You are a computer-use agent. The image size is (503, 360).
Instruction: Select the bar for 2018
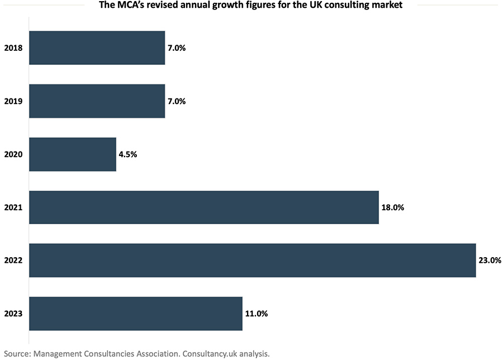pyautogui.click(x=97, y=48)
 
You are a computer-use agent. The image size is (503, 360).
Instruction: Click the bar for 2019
pyautogui.click(x=97, y=101)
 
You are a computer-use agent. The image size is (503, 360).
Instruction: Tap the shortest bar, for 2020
pyautogui.click(x=72, y=154)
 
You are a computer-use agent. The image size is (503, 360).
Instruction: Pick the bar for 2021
pyautogui.click(x=203, y=207)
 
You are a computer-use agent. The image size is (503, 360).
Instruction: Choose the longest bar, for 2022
pyautogui.click(x=252, y=260)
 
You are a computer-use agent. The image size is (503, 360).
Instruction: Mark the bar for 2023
pyautogui.click(x=135, y=314)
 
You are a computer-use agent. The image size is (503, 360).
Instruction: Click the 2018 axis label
pyautogui.click(x=13, y=48)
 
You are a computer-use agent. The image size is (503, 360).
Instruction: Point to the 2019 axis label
pyautogui.click(x=13, y=101)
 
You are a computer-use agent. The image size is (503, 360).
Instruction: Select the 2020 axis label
pyautogui.click(x=13, y=154)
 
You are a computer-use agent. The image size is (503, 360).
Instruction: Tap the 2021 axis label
pyautogui.click(x=13, y=207)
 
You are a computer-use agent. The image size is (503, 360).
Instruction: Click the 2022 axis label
pyautogui.click(x=13, y=260)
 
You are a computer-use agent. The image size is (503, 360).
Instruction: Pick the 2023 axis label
pyautogui.click(x=13, y=314)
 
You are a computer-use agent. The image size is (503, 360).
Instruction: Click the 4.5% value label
pyautogui.click(x=127, y=154)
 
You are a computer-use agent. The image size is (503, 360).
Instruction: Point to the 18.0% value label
pyautogui.click(x=392, y=207)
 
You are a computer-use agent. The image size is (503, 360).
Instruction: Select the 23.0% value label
pyautogui.click(x=490, y=260)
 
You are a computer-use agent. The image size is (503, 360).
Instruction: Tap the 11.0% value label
pyautogui.click(x=256, y=314)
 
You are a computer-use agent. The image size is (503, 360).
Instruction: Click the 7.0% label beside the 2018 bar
pyautogui.click(x=176, y=48)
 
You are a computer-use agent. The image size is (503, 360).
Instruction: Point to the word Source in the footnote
pyautogui.click(x=17, y=353)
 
